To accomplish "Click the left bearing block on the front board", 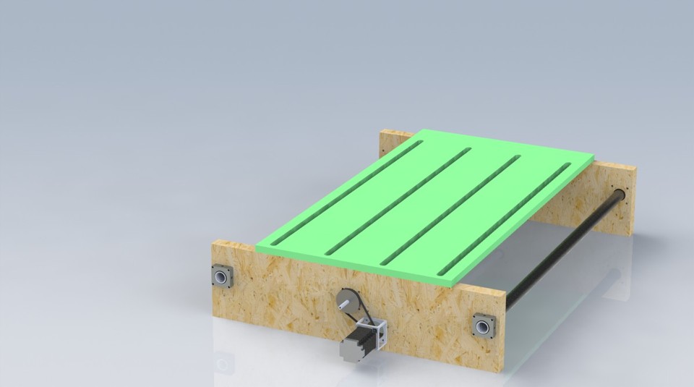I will point(222,276).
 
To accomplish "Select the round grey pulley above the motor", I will point(347,299).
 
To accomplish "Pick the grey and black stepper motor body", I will point(355,346).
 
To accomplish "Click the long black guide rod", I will point(564,250).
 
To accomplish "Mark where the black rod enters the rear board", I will point(619,194).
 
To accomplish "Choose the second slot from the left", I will point(398,200).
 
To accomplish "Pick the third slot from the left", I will point(450,210).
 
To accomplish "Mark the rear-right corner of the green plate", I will point(594,156).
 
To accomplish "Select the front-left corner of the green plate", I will point(257,246).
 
